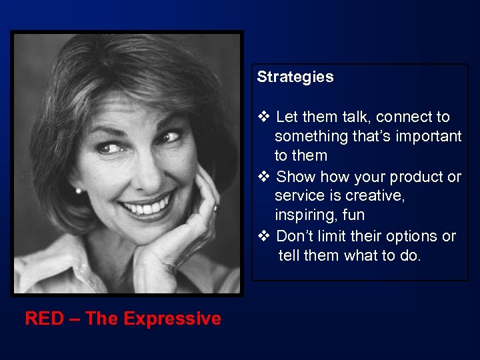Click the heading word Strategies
tap(295, 77)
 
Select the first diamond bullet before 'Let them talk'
tap(263, 117)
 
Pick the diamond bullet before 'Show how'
tap(263, 177)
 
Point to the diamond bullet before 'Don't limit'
tap(263, 237)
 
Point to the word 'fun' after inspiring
tap(353, 216)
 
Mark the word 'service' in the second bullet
tap(298, 197)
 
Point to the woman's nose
tap(143, 169)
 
